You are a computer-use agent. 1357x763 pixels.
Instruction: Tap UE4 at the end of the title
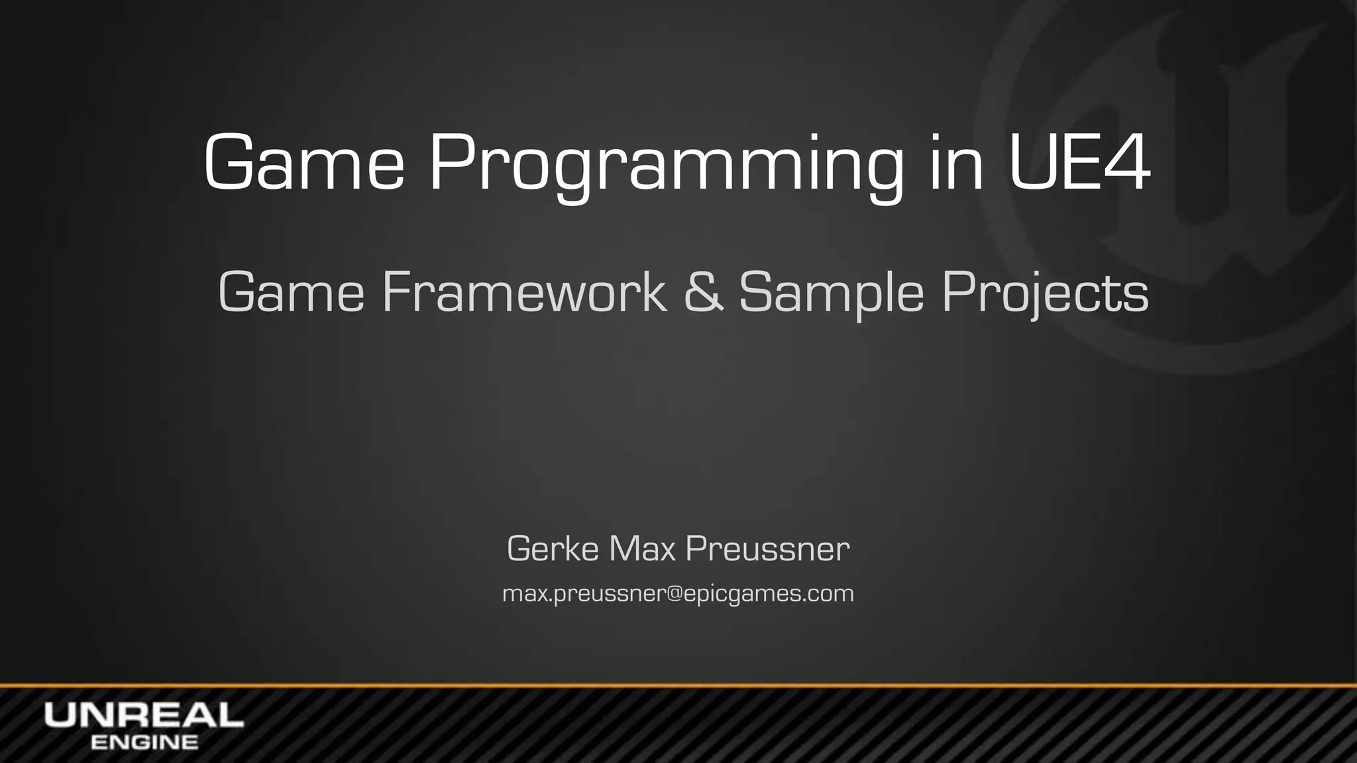1078,162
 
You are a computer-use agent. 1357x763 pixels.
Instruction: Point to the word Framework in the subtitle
523,292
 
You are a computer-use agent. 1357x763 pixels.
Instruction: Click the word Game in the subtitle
291,292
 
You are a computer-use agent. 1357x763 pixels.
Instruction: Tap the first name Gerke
553,548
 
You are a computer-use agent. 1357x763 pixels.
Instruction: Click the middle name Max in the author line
642,548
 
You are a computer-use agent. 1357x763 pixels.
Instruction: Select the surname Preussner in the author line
767,548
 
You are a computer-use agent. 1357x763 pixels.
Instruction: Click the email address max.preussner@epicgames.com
678,593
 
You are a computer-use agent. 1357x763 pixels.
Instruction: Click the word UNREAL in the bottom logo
144,715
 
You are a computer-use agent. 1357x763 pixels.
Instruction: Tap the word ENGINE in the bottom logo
144,742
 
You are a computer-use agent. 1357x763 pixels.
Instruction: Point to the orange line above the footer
678,685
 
